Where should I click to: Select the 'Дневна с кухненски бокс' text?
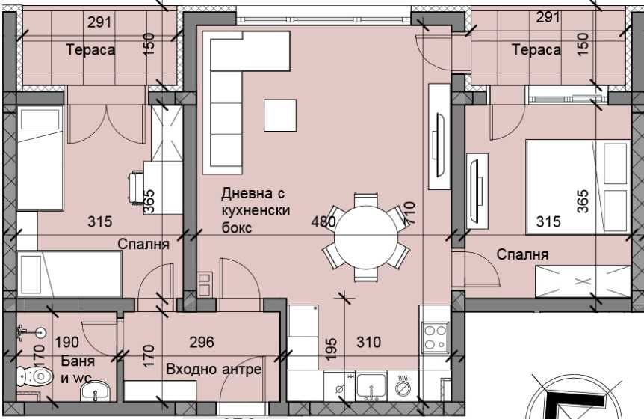point(255,209)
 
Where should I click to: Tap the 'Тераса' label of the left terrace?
point(90,50)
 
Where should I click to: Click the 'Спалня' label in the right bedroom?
point(524,254)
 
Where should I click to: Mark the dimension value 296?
point(202,342)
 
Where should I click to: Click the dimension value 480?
point(323,221)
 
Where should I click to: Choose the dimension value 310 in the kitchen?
point(368,343)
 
